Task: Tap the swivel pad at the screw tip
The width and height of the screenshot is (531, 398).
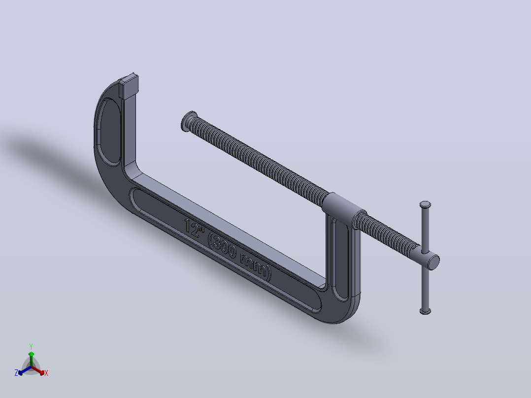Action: (x=188, y=121)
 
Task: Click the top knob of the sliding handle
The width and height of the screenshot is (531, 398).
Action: (x=426, y=204)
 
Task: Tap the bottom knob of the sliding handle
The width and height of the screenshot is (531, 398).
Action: (x=426, y=311)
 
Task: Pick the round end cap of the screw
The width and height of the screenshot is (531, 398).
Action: (x=433, y=262)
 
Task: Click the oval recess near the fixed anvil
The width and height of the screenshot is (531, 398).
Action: (x=109, y=132)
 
